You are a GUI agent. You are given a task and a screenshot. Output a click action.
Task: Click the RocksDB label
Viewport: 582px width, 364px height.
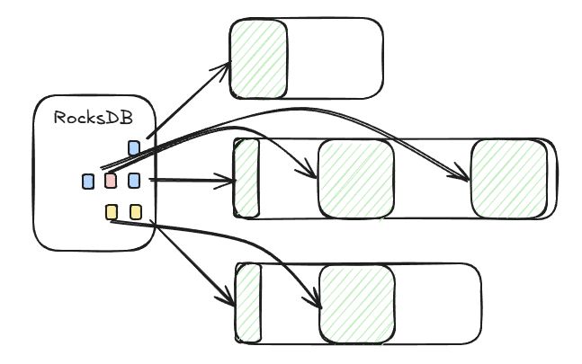94,118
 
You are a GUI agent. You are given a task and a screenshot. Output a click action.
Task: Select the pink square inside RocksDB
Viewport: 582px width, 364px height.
111,181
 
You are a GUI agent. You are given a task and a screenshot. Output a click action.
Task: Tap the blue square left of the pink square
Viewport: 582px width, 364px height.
88,181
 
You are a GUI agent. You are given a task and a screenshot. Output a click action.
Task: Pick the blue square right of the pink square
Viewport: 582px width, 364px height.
134,181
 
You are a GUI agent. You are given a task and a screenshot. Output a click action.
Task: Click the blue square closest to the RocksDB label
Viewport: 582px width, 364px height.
134,147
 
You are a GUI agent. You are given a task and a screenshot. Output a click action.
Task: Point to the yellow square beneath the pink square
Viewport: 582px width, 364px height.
112,212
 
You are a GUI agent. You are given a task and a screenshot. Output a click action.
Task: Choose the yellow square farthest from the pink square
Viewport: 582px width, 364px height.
136,212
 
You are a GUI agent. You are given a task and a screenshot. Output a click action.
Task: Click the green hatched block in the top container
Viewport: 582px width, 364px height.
258,58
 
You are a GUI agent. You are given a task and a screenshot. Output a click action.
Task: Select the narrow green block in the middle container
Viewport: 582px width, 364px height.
246,178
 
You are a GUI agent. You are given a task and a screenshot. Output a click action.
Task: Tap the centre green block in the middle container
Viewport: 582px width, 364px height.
356,178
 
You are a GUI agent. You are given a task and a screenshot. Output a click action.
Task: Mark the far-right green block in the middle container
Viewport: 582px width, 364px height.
509,178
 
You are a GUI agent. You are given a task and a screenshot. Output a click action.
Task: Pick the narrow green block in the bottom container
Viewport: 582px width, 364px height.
247,303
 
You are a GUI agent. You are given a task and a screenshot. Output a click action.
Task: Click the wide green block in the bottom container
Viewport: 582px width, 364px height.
356,303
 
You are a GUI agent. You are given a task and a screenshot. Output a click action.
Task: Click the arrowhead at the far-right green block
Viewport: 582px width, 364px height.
466,178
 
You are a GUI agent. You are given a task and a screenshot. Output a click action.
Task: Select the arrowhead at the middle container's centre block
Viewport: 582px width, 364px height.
313,173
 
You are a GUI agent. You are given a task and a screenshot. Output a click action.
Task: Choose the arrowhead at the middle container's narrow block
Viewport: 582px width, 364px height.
228,181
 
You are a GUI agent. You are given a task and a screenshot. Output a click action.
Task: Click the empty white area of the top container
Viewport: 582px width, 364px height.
335,58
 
